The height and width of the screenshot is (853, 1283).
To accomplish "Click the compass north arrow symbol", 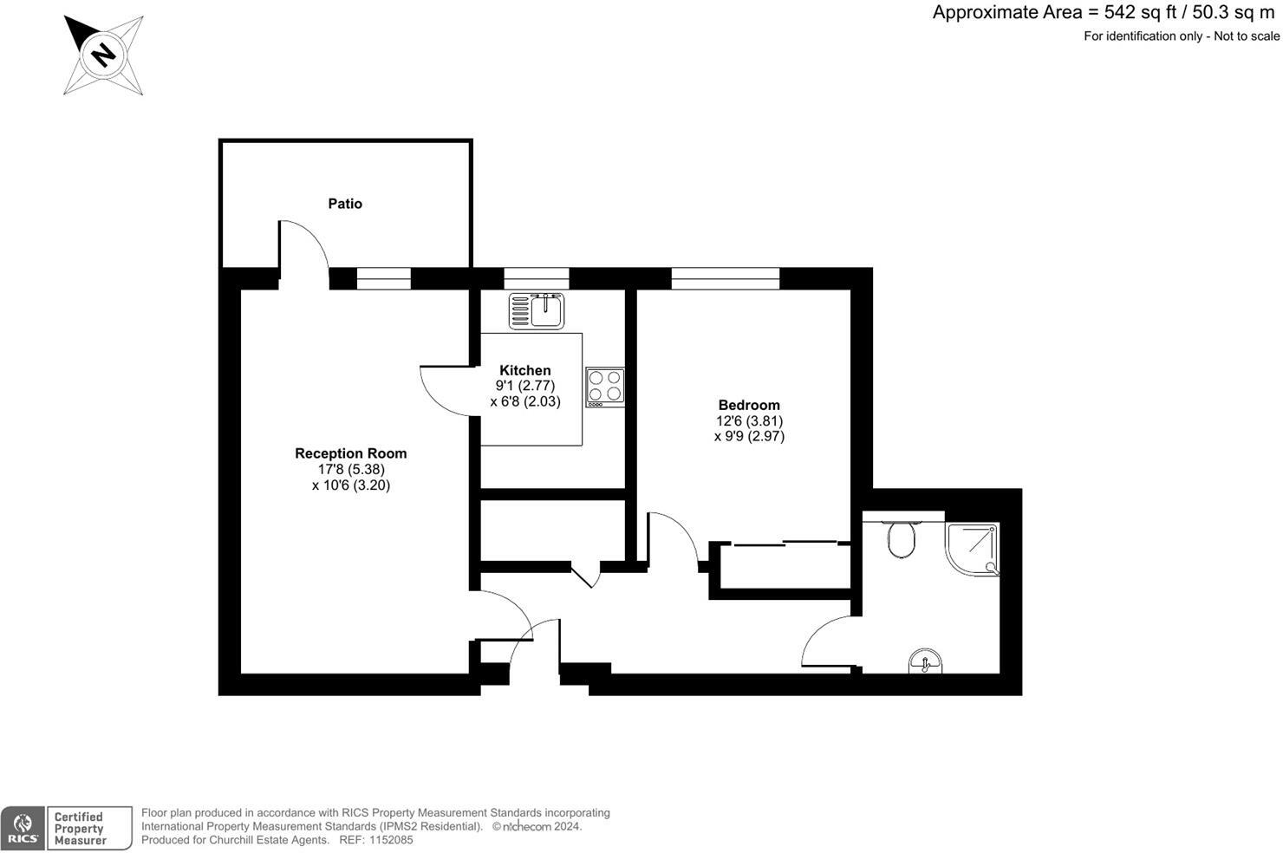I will click(x=103, y=55).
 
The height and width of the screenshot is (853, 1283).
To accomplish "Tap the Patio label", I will click(x=345, y=204).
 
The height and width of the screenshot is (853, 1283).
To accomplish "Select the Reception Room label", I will click(x=350, y=453).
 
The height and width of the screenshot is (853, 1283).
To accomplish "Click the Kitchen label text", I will click(x=525, y=370).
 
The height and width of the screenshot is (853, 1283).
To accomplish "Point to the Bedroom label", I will click(x=749, y=405).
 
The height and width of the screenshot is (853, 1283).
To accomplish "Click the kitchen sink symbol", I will click(x=537, y=310).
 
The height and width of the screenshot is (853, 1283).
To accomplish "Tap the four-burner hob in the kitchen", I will click(x=604, y=387).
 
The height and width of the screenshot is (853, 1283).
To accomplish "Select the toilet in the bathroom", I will click(x=902, y=541).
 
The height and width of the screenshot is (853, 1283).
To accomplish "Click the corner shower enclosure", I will click(x=973, y=548).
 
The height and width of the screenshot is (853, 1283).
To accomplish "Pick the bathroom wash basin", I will click(x=927, y=662).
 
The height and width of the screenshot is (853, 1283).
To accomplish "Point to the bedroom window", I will click(x=725, y=278).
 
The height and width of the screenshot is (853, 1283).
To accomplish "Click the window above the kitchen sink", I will click(x=537, y=278).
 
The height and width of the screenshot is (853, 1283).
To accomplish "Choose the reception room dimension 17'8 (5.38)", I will click(x=350, y=470).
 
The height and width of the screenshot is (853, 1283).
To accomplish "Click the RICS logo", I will click(x=23, y=828).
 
